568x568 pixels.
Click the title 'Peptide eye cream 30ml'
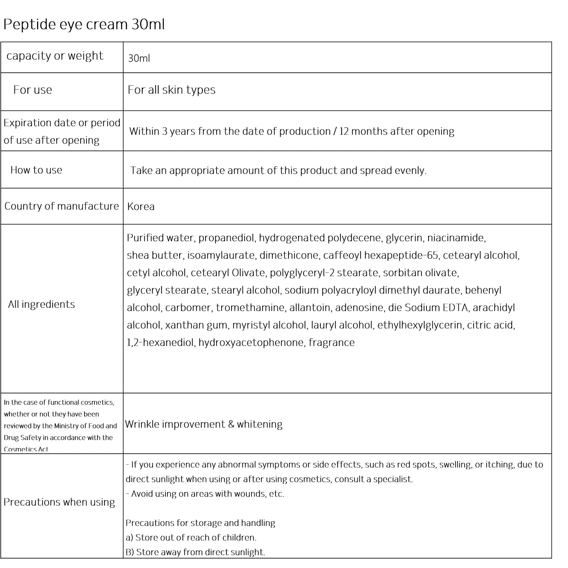84,24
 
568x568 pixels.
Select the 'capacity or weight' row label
55,56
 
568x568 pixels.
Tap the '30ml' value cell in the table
139,59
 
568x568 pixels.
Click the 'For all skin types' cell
171,90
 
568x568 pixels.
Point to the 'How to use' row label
36,170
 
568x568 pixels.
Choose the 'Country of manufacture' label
61,206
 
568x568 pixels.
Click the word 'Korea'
141,207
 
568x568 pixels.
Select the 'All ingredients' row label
41,305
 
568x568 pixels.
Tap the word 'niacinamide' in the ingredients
456,238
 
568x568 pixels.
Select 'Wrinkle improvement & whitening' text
204,425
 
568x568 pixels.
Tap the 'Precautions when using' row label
59,502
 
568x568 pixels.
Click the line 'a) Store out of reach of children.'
191,538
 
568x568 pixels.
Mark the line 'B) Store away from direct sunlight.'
195,552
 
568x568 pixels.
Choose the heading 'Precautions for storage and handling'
200,523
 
